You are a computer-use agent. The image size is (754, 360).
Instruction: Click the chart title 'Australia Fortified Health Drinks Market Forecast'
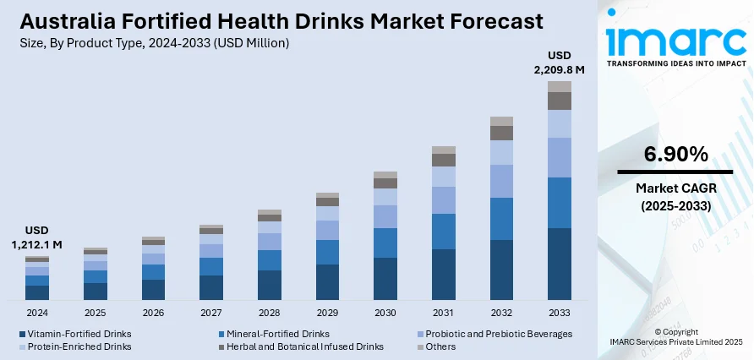pos(280,20)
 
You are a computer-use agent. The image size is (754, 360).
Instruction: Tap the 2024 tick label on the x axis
pos(37,313)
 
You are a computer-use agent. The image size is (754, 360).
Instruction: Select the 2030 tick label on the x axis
pos(385,313)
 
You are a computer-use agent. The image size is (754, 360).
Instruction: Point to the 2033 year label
pos(560,313)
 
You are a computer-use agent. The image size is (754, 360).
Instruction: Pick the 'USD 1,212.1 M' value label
pos(37,237)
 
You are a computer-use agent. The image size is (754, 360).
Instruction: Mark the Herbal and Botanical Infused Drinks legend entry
pos(300,346)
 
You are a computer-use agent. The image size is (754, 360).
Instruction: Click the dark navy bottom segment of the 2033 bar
pos(560,264)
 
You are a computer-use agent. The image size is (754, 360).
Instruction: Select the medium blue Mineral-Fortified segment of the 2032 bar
pos(502,219)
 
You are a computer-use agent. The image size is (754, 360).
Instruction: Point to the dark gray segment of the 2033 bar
pos(560,101)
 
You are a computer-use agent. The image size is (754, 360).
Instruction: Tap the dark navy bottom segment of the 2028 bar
pos(270,286)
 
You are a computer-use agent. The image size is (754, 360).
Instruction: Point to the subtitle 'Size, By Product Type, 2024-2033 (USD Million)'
pos(153,43)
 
